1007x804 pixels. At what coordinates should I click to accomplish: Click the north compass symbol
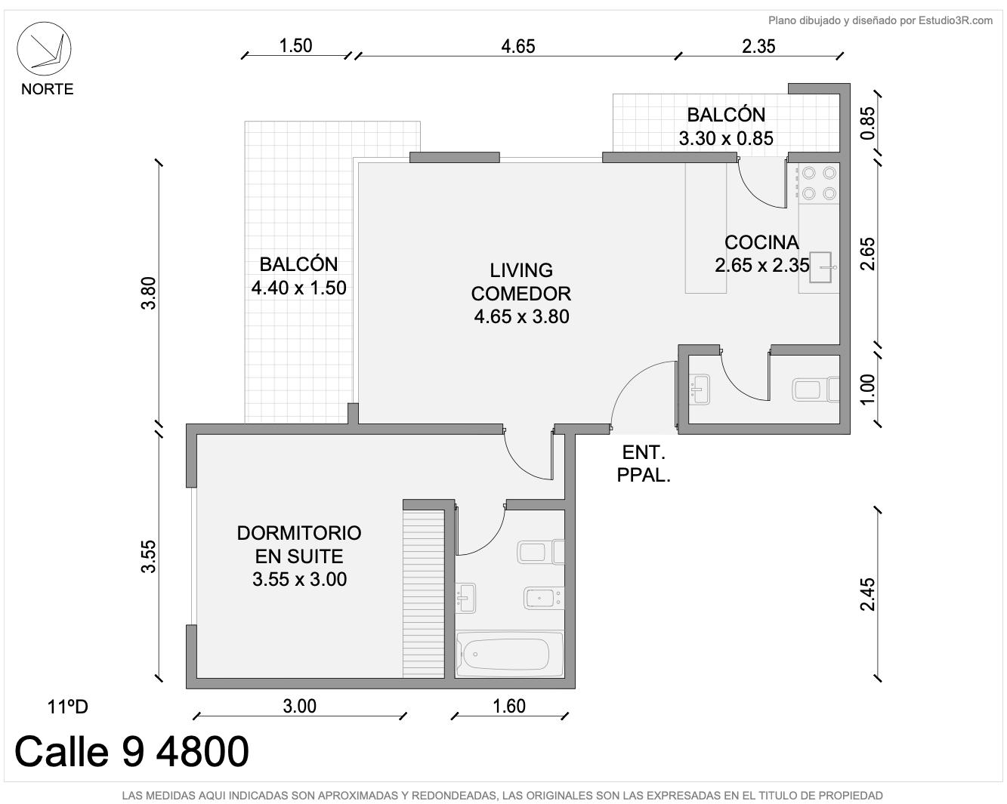tap(44, 48)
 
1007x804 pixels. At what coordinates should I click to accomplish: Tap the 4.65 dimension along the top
tap(518, 46)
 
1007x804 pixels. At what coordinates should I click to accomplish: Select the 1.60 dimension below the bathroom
tap(509, 707)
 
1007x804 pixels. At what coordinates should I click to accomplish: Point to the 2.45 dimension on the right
tap(867, 594)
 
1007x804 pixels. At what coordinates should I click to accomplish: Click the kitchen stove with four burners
tap(819, 183)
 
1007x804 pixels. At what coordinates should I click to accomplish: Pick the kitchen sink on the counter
tap(822, 267)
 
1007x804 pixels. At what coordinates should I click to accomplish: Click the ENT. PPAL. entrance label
tap(644, 464)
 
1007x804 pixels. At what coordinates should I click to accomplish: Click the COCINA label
tap(761, 242)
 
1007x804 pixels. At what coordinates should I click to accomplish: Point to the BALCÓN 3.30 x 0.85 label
tap(726, 126)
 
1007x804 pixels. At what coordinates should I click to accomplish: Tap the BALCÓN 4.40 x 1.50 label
tap(298, 276)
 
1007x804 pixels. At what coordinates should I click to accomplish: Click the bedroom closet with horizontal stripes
tap(424, 593)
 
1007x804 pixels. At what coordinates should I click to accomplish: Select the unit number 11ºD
tap(67, 707)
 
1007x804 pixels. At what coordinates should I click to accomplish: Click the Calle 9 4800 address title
tap(131, 752)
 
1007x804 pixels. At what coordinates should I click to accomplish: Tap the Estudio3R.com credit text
tap(880, 20)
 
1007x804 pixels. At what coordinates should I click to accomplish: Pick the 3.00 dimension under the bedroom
tap(299, 707)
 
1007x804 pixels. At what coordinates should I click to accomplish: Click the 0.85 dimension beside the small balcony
tap(867, 124)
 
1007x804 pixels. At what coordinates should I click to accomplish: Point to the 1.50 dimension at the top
tap(295, 46)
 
